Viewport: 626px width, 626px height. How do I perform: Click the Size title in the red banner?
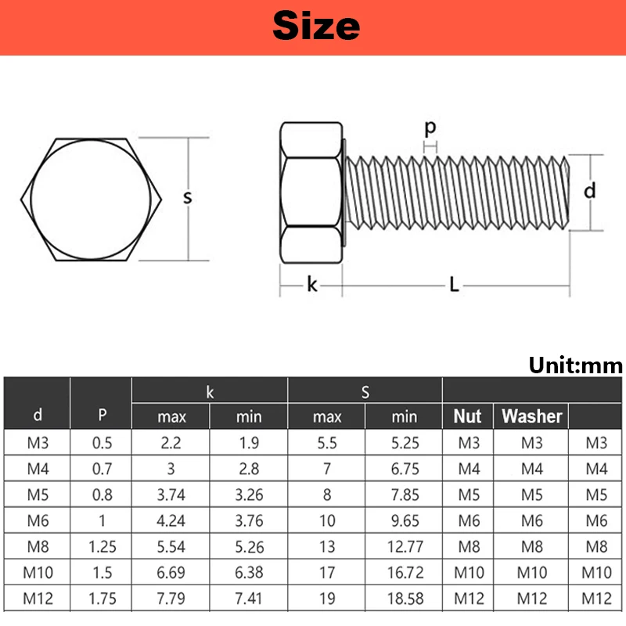point(316,26)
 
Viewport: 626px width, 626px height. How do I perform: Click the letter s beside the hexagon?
point(188,198)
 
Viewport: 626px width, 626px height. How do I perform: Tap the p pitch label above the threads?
point(430,128)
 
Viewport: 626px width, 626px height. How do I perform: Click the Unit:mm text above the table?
point(575,365)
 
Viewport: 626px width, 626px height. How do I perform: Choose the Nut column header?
point(468,416)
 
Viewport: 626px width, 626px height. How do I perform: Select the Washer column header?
point(532,416)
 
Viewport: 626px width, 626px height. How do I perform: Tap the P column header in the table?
point(102,416)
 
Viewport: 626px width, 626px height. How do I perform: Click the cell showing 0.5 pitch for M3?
point(102,443)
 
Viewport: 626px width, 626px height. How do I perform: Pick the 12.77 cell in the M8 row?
point(405,547)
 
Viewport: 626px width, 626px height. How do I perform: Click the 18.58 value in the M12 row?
point(405,599)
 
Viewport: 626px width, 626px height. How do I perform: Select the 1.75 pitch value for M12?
point(102,599)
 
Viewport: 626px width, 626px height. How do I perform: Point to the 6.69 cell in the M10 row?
point(171,574)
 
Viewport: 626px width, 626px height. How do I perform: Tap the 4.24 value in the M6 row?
point(171,521)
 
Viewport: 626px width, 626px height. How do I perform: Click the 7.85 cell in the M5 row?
point(405,495)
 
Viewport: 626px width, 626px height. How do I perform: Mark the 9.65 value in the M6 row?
point(405,521)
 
